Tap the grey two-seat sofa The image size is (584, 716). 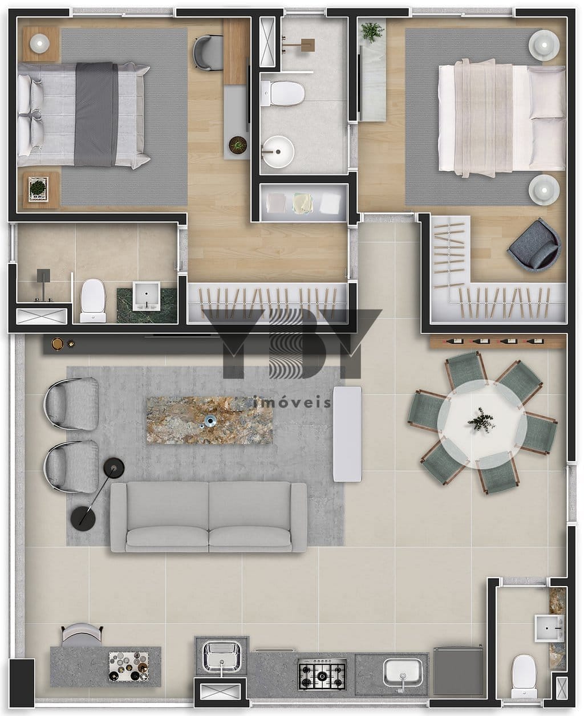coord(209,516)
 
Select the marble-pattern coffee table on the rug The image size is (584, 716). coord(210,421)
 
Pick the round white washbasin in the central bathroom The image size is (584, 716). coord(278,152)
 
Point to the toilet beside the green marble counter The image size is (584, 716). coord(93,300)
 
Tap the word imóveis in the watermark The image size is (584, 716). coord(292,402)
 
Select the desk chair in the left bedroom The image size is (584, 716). coord(208,52)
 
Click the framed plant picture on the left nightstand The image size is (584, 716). coord(38,189)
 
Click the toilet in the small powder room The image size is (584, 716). coord(525,676)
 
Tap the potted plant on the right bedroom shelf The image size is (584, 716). coord(373,32)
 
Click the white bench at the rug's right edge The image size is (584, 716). coord(347,434)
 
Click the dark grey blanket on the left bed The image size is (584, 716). coord(96,115)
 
